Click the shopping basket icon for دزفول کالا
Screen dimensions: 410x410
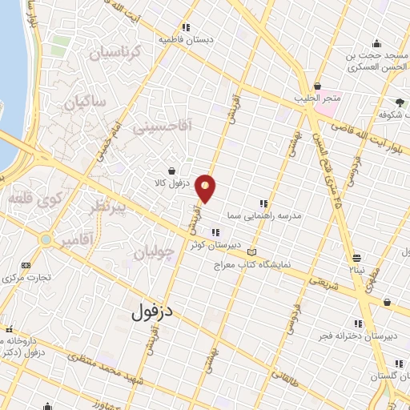pyautogui.click(x=172, y=171)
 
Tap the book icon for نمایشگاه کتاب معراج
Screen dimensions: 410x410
pyautogui.click(x=253, y=252)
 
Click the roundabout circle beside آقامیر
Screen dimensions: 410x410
pyautogui.click(x=47, y=239)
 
